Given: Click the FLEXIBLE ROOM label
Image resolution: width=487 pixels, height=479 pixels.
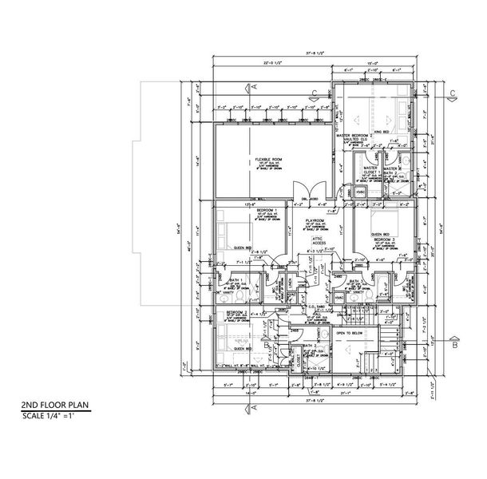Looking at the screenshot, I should click(x=266, y=160).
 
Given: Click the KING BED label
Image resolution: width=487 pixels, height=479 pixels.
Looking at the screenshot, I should click(x=382, y=129).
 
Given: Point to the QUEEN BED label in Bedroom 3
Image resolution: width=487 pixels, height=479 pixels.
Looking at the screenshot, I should click(x=381, y=234).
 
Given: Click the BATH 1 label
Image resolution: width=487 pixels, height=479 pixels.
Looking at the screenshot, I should click(x=234, y=280).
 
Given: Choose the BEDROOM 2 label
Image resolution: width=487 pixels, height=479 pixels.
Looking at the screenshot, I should click(x=236, y=313).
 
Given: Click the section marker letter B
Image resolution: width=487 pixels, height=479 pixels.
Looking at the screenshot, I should click(x=453, y=346).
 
